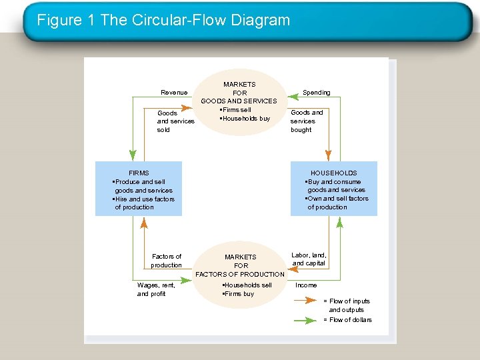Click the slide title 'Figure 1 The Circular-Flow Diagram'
[x=163, y=20]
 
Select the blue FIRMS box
[x=139, y=189]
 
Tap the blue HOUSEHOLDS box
[x=333, y=189]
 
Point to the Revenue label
[x=174, y=92]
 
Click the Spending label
[x=316, y=92]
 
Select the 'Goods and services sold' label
[x=175, y=121]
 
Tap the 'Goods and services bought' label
[x=307, y=121]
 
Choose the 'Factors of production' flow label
[x=166, y=261]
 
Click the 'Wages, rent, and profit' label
[x=156, y=289]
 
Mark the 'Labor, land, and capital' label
[x=309, y=259]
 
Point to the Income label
[x=306, y=285]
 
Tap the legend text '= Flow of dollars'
[x=347, y=320]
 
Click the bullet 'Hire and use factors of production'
[x=144, y=203]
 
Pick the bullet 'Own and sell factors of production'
[x=337, y=203]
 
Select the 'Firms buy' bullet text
[x=238, y=294]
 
